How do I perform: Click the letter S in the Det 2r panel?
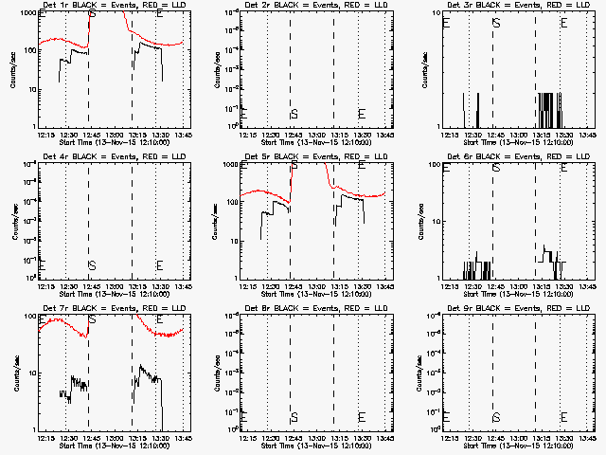[294, 114]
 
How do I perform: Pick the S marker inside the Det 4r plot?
[92, 265]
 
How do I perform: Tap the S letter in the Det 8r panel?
[294, 417]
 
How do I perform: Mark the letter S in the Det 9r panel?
[496, 417]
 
